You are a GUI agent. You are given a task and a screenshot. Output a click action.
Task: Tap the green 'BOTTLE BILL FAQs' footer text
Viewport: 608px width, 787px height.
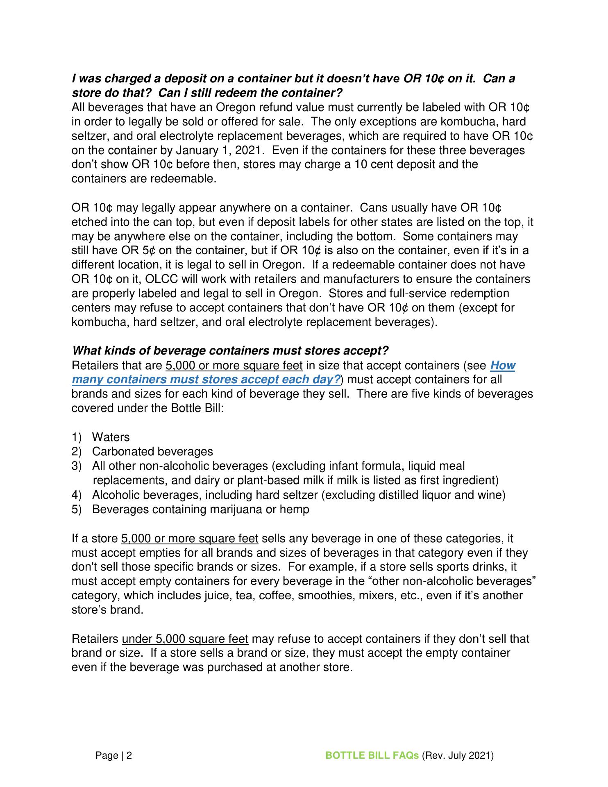point(372,755)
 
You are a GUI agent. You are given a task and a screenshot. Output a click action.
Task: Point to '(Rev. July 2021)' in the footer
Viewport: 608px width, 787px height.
point(458,755)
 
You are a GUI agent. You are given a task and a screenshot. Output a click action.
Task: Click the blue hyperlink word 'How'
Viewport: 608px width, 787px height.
point(502,365)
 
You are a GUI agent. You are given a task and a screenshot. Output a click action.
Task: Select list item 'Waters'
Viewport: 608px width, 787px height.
point(111,437)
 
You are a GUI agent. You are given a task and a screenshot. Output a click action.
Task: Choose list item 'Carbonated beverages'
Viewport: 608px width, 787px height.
point(152,452)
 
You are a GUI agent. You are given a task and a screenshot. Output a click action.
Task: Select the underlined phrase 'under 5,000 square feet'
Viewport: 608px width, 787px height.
point(185,639)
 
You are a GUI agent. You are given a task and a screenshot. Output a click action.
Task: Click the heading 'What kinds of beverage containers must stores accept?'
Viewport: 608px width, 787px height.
point(230,351)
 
